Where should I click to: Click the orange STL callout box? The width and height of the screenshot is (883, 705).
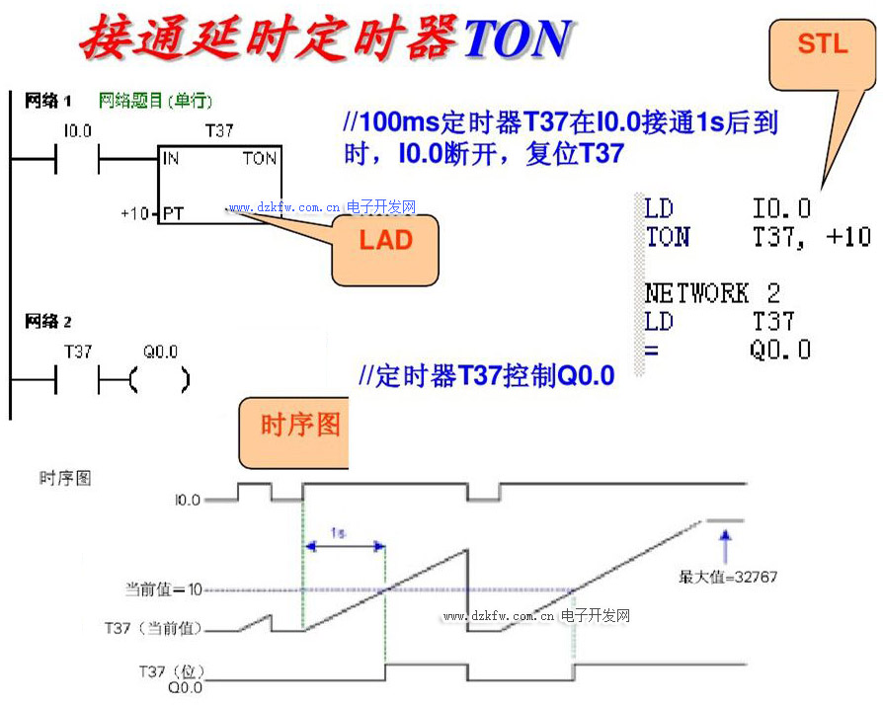tap(822, 44)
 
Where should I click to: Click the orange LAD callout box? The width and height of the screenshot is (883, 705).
tap(385, 242)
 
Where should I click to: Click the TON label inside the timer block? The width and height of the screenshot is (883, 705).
tap(260, 159)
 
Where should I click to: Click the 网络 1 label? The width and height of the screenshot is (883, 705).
tap(47, 101)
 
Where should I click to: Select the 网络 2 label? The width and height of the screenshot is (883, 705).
tap(47, 322)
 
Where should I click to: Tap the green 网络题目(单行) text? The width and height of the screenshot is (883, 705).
tap(155, 101)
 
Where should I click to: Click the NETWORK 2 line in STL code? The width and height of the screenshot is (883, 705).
tap(711, 293)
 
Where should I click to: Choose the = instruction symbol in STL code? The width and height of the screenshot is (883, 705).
tap(652, 350)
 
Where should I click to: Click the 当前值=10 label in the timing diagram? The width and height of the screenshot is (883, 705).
tap(163, 589)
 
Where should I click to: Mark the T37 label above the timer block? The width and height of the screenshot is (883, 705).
tap(218, 130)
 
